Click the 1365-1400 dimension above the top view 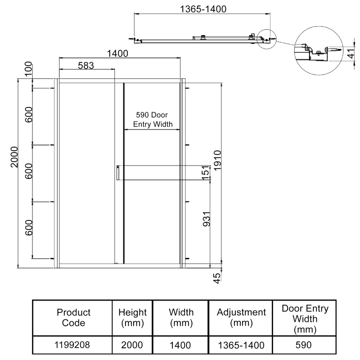pos(203,9)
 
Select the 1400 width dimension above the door pos(117,54)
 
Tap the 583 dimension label pos(86,66)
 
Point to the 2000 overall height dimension pos(14,157)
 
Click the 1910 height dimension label pos(217,161)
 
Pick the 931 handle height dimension pos(207,219)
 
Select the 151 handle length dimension pos(206,173)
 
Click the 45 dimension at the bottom pos(217,278)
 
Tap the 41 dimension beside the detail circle pos(351,54)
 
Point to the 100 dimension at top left pos(28,69)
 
